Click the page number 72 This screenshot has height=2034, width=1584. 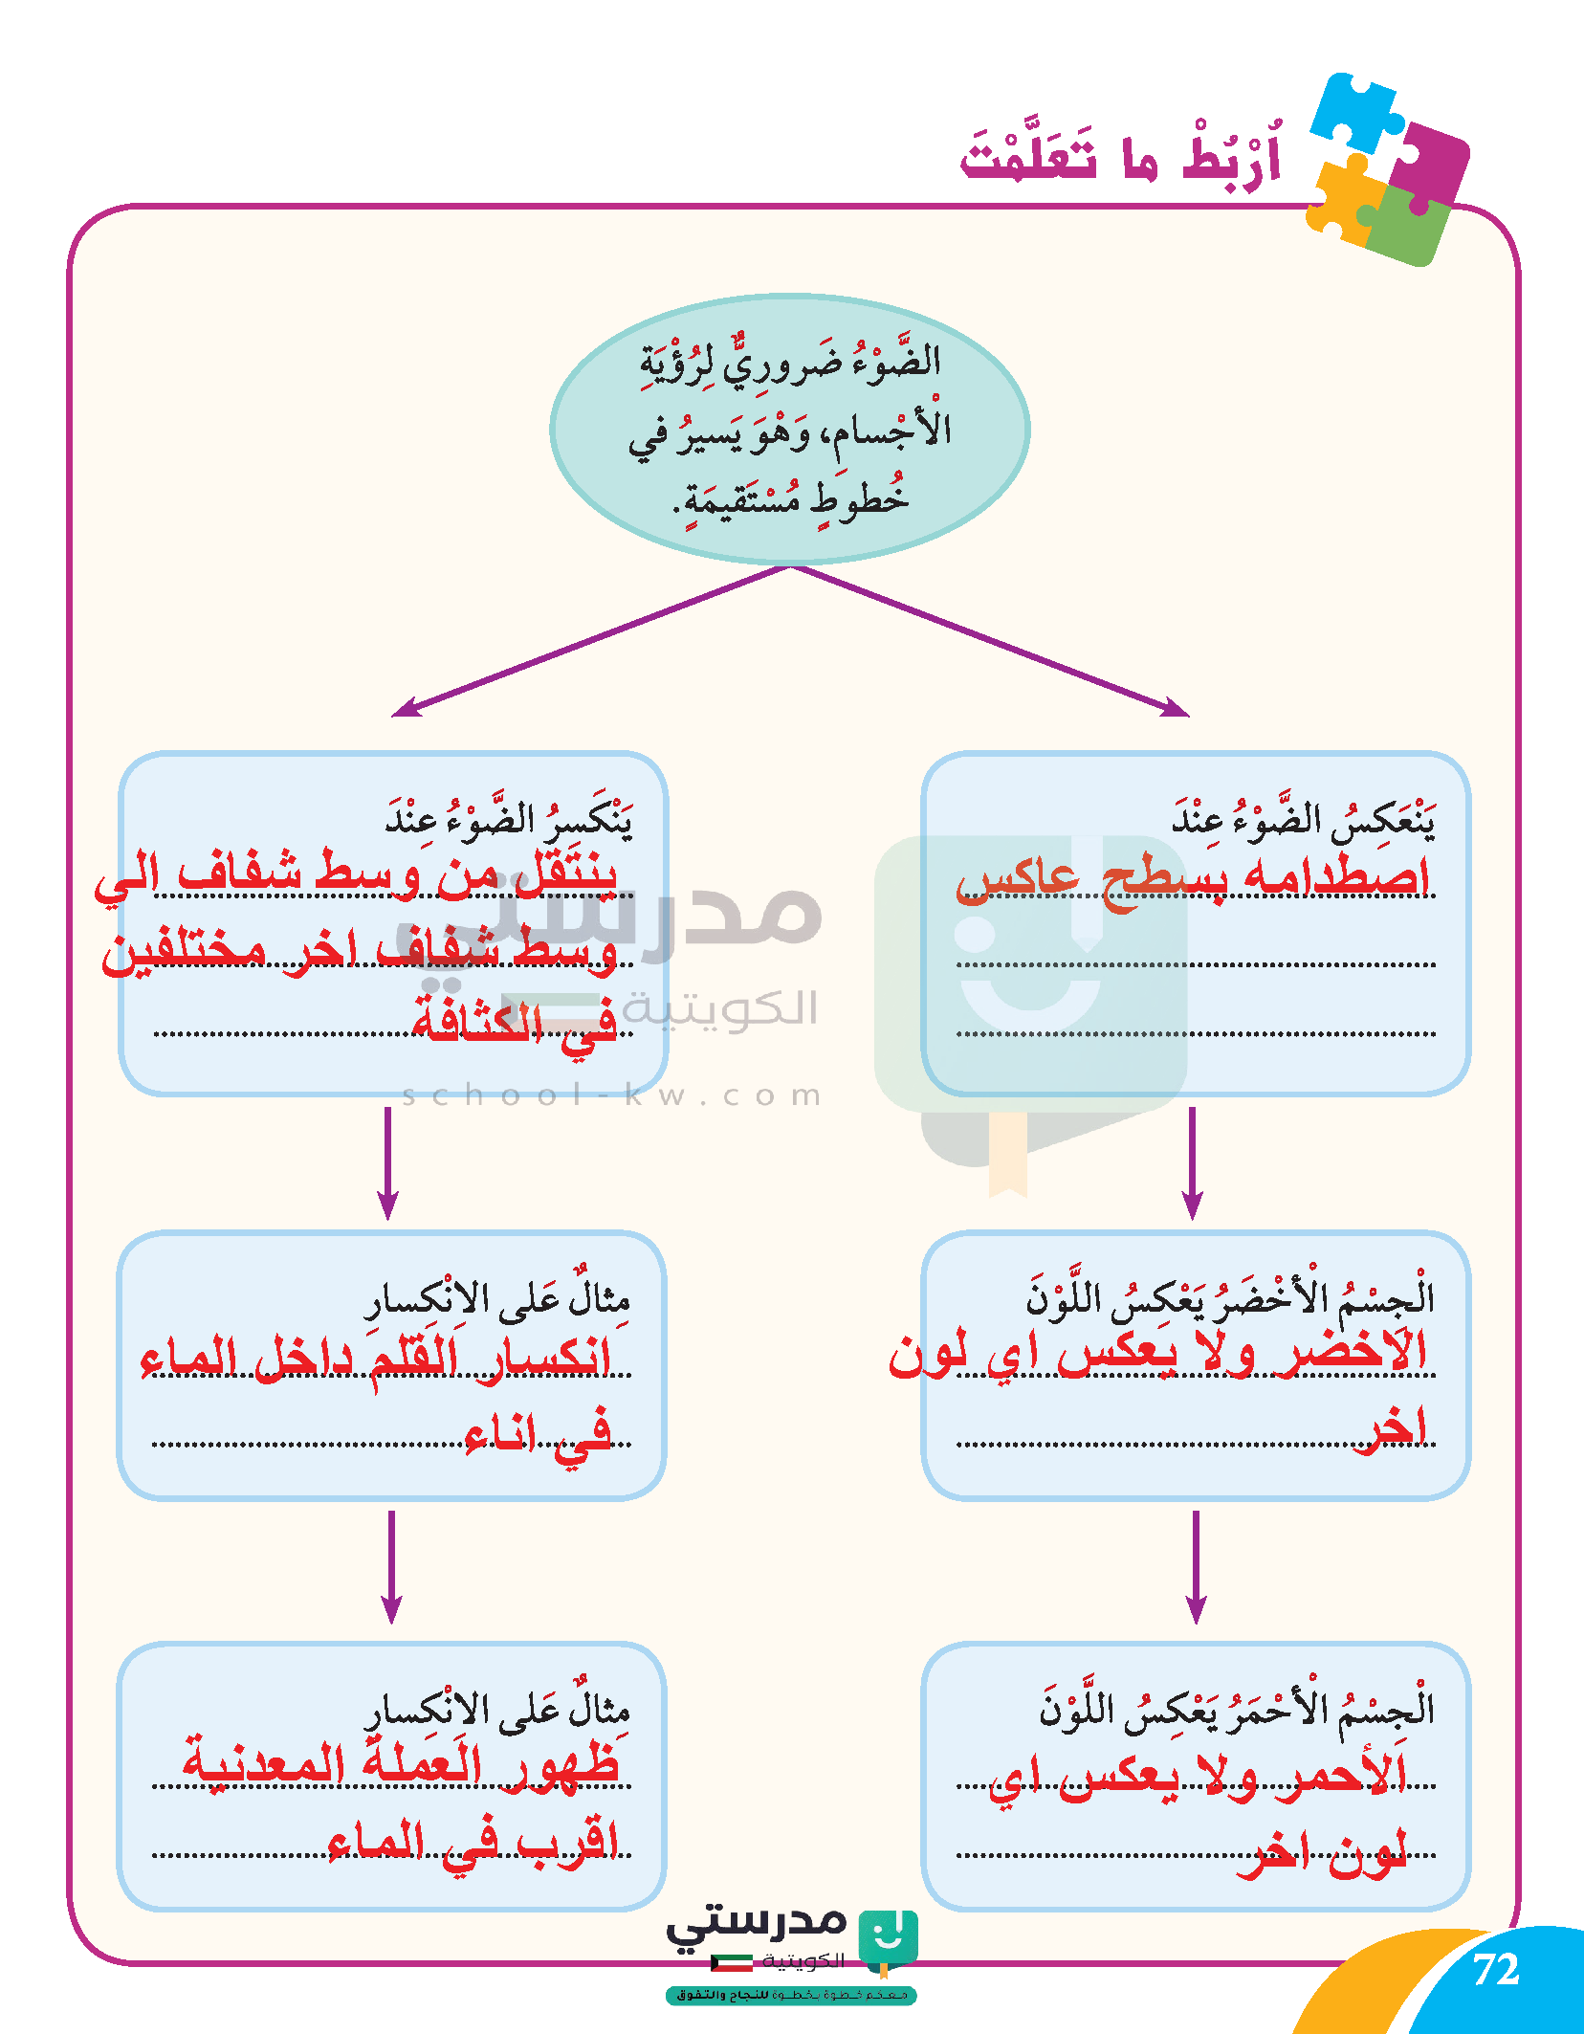pos(1496,1969)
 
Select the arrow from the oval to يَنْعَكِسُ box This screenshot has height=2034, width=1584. pos(990,641)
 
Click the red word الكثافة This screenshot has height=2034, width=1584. pos(477,1020)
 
